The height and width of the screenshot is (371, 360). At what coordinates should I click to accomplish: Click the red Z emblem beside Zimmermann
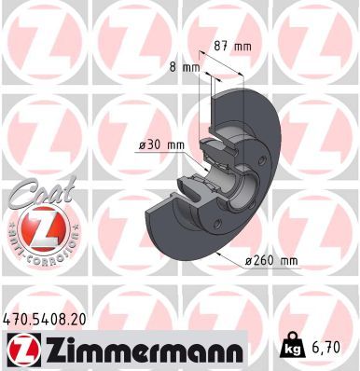(20, 349)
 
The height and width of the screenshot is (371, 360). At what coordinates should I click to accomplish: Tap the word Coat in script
(35, 193)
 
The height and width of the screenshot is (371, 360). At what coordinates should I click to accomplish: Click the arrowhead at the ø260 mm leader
(217, 252)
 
